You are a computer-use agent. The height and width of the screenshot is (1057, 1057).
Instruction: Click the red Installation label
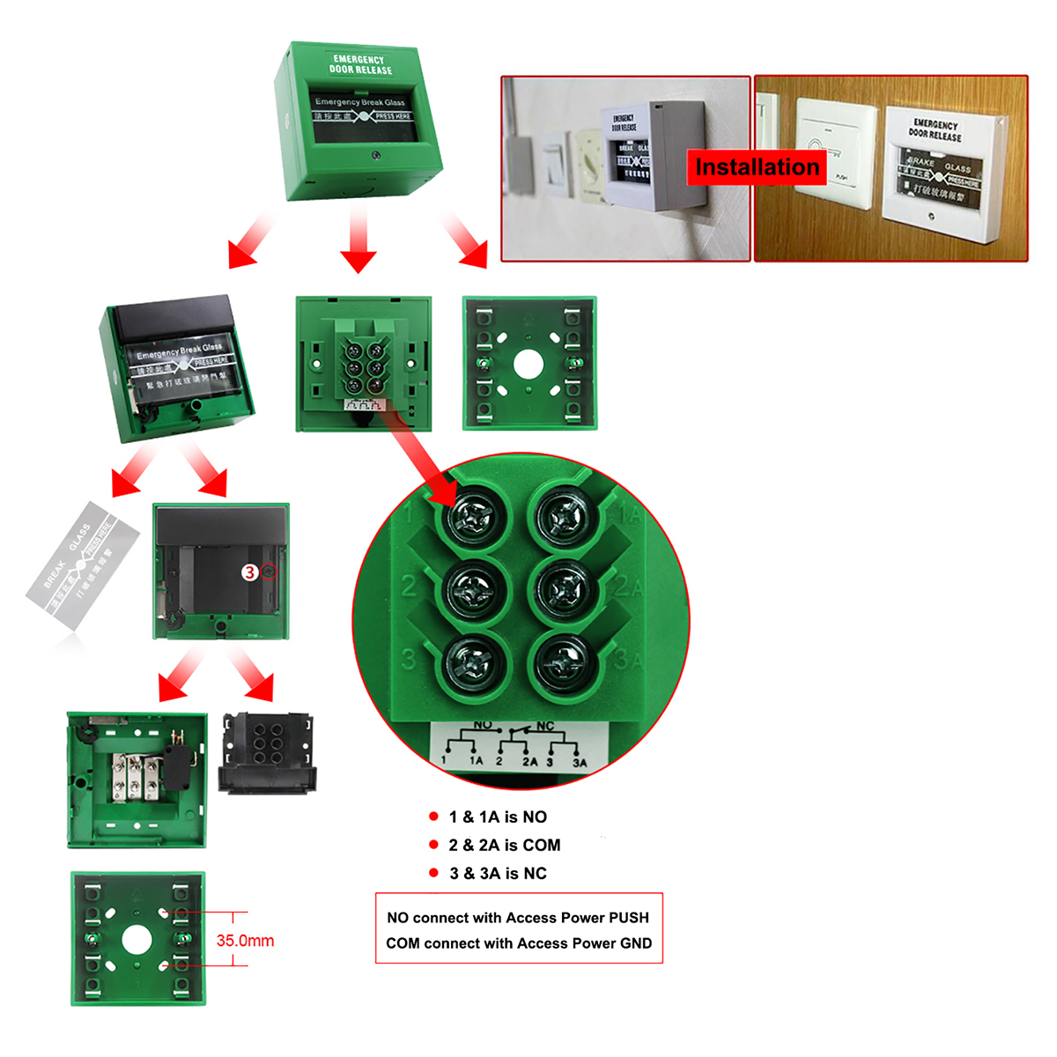tap(756, 166)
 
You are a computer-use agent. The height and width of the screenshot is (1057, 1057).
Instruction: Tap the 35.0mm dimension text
tap(245, 941)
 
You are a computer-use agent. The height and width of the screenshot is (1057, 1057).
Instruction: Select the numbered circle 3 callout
tap(250, 573)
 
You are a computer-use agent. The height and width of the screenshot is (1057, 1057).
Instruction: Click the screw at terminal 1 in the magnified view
tap(473, 519)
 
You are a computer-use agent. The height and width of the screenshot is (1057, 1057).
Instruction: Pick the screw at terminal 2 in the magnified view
tap(473, 591)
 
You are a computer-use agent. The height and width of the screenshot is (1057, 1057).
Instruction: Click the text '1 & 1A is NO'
tap(497, 817)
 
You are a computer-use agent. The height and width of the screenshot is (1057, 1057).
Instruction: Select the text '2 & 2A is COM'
tap(504, 845)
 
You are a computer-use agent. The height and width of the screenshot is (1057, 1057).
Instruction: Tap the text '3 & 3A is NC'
tap(498, 873)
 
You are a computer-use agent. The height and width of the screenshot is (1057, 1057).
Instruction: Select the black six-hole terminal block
tap(266, 753)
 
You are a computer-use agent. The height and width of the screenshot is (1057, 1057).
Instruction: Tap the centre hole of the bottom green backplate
tap(137, 940)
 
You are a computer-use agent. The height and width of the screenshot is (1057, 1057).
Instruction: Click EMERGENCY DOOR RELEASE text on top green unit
tap(359, 64)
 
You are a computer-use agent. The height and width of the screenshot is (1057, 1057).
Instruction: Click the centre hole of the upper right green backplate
tap(527, 364)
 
